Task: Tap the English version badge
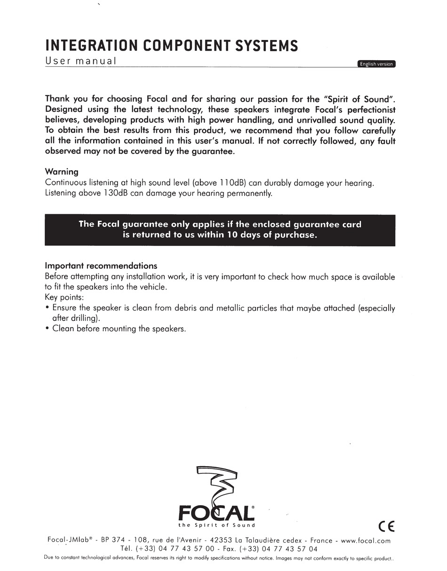(376, 64)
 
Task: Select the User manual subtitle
(80, 61)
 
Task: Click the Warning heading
(62, 172)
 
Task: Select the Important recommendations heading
(101, 266)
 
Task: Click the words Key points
(64, 297)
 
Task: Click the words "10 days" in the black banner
(242, 235)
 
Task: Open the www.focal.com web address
(365, 541)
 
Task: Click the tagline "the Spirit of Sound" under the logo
(216, 525)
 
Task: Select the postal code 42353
(221, 541)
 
